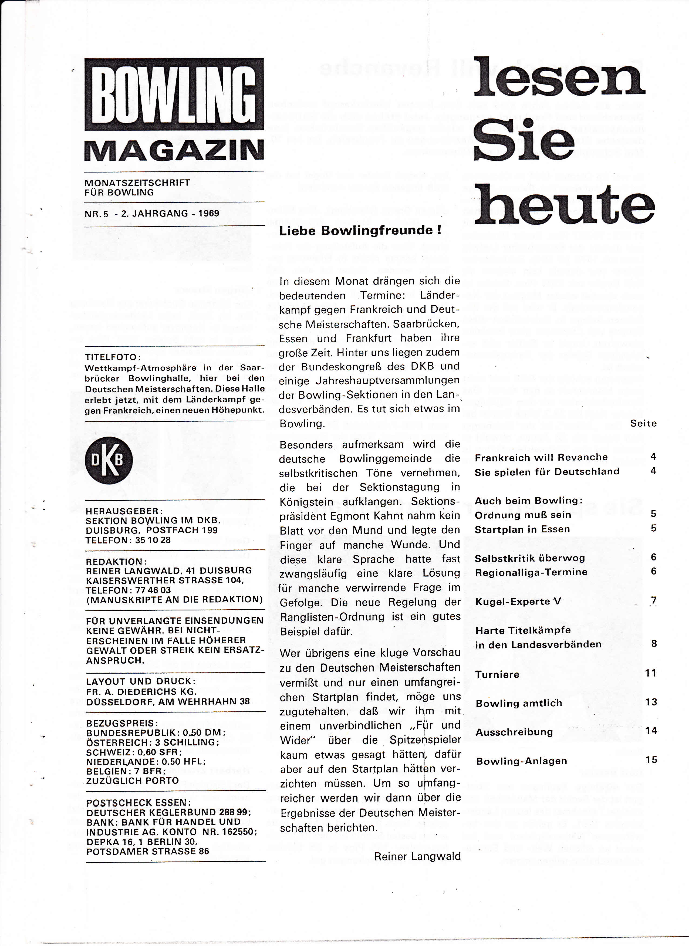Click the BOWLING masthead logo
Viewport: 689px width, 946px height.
coord(174,94)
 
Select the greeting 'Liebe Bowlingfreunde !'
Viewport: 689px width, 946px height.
coord(360,230)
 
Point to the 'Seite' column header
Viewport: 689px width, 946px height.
coord(643,423)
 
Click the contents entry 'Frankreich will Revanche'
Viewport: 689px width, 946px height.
coord(541,457)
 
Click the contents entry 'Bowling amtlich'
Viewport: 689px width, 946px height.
coord(519,703)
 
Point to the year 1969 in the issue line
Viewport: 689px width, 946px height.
coord(208,213)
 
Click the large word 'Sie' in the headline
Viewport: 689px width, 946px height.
coord(523,141)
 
